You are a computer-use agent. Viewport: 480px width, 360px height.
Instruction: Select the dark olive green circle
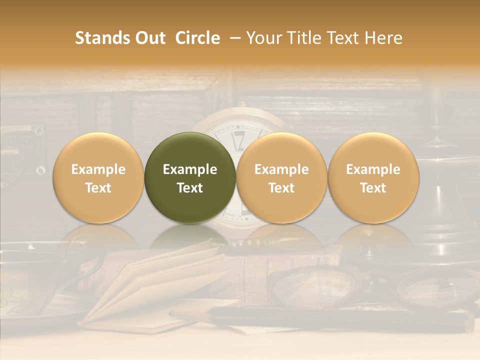(190, 177)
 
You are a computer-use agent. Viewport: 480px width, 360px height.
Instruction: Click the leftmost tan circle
(98, 177)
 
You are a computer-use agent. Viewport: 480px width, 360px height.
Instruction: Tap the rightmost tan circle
(373, 177)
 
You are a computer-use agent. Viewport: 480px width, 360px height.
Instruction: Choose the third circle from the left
(281, 177)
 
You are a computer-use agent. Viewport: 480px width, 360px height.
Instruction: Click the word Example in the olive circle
(190, 169)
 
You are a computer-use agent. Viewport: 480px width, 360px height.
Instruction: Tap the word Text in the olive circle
(190, 188)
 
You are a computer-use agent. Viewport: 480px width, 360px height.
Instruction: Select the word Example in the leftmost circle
(98, 169)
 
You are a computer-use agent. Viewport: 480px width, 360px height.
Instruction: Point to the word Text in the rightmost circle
(373, 188)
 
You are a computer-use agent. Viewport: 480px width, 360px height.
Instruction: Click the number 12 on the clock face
(239, 141)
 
